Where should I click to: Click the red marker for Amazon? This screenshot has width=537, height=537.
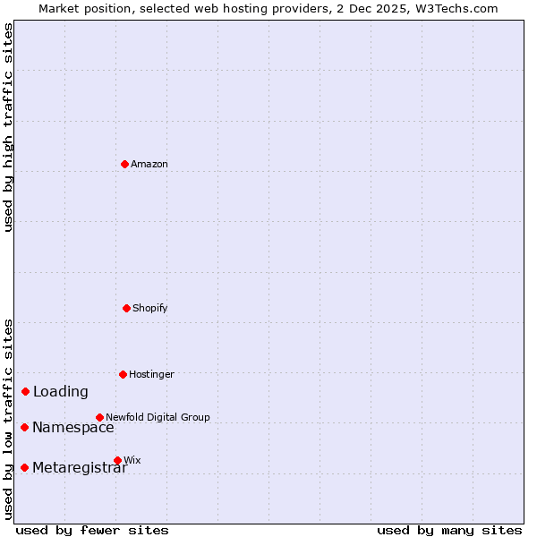coord(124,164)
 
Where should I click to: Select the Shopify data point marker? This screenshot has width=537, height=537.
coord(126,308)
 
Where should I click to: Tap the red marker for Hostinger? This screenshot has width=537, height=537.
coord(123,374)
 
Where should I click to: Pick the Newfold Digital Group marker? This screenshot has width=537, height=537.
coord(99,417)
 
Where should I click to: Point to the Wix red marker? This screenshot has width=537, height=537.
coord(117,460)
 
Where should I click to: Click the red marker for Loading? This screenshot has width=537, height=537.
coord(26,391)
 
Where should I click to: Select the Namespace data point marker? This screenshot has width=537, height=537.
coord(24,427)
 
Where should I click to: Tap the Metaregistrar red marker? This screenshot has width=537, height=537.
coord(24,467)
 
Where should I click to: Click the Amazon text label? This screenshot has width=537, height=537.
coord(149,164)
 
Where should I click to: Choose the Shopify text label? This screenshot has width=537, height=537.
coord(150,308)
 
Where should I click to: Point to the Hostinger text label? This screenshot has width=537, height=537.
coord(151,374)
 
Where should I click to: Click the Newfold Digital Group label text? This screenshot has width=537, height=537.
coord(158,417)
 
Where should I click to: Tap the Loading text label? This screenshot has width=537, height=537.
coord(61,391)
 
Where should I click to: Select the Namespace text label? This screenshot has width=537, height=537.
coord(73,427)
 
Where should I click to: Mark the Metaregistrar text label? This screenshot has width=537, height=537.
coord(80,467)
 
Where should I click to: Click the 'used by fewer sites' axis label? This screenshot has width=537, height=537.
coord(92,530)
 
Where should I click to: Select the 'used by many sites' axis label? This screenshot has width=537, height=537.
coord(449,530)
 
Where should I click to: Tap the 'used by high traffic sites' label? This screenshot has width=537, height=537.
coord(8,127)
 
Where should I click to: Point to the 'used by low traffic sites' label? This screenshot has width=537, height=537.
coord(8,419)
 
